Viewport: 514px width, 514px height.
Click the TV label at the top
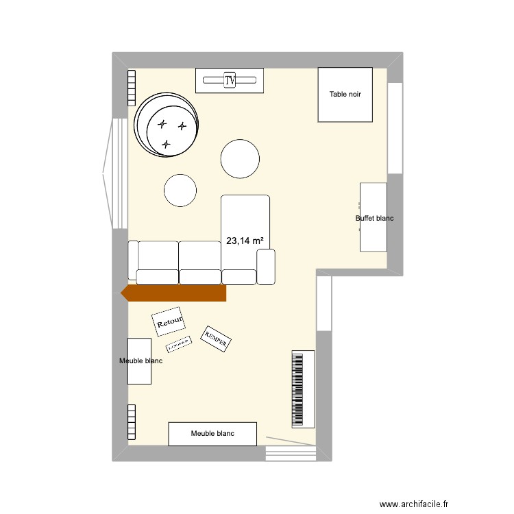coord(230,80)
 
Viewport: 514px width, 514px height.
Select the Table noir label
coord(345,95)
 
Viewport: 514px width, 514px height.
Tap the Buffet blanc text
coord(374,219)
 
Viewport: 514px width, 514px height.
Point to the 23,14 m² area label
coord(245,241)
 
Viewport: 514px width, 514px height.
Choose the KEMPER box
coord(215,339)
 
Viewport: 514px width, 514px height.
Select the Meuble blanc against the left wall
coord(139,360)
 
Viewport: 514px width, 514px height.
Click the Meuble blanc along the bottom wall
coord(212,433)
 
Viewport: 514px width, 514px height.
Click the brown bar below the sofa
coord(174,293)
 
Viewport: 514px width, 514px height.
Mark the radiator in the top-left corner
coord(130,87)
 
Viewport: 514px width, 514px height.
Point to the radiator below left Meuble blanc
coord(130,421)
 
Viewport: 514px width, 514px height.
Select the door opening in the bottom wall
coord(290,452)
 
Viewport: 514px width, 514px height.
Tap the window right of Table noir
coord(395,128)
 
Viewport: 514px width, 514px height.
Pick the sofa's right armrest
coord(266,267)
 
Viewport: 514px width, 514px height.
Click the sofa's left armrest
coord(133,260)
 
